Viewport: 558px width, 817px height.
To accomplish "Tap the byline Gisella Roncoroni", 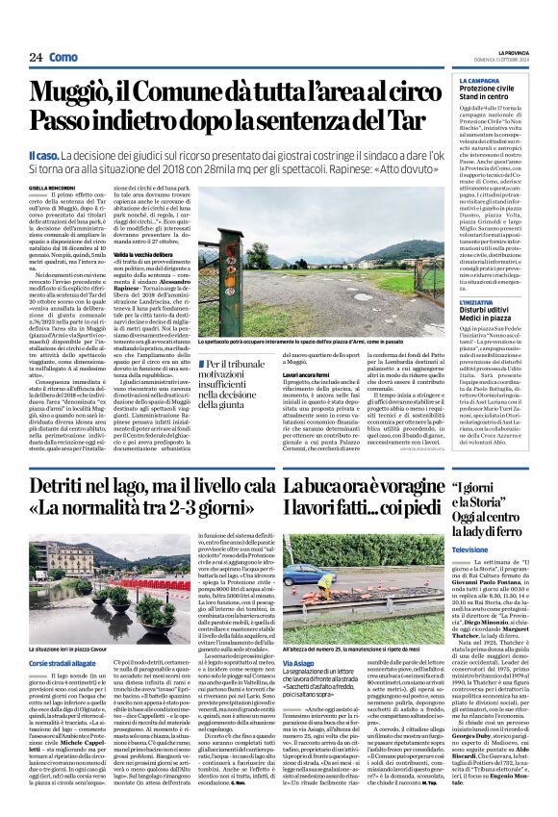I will point(51,189).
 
